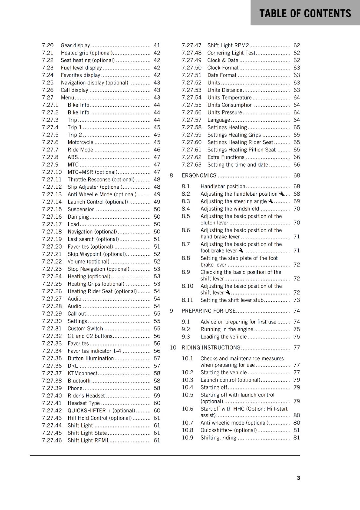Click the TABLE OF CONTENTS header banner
pos(305,13)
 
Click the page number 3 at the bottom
pos(298,478)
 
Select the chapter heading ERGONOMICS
pos(199,176)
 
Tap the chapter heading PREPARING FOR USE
pos(208,311)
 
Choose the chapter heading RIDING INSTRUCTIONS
pos(211,347)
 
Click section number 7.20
pos(48,45)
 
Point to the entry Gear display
pos(75,45)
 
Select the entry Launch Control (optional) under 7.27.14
pos(97,202)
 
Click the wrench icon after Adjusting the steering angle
pos(271,201)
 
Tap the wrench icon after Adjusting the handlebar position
pos(281,194)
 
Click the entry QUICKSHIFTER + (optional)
pos(101,411)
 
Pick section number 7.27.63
pos(191,165)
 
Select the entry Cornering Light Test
pos(231,53)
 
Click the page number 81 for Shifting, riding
pos(297,438)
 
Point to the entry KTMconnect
pos(83,373)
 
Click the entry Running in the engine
pos(227,329)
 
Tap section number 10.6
pos(187,409)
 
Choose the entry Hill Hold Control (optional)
pos(99,418)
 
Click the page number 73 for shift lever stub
pos(297,300)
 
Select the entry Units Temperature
pos(229,98)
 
